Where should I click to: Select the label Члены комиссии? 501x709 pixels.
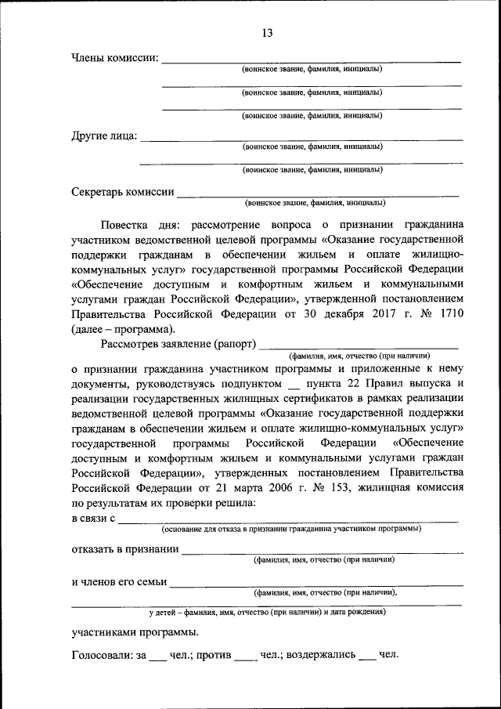point(115,57)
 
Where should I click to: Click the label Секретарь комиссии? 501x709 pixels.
point(122,191)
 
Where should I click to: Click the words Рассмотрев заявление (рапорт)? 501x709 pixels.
point(178,344)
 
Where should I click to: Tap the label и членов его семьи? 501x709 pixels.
point(119,581)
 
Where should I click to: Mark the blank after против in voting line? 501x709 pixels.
point(245,655)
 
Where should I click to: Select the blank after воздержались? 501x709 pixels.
point(367,655)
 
